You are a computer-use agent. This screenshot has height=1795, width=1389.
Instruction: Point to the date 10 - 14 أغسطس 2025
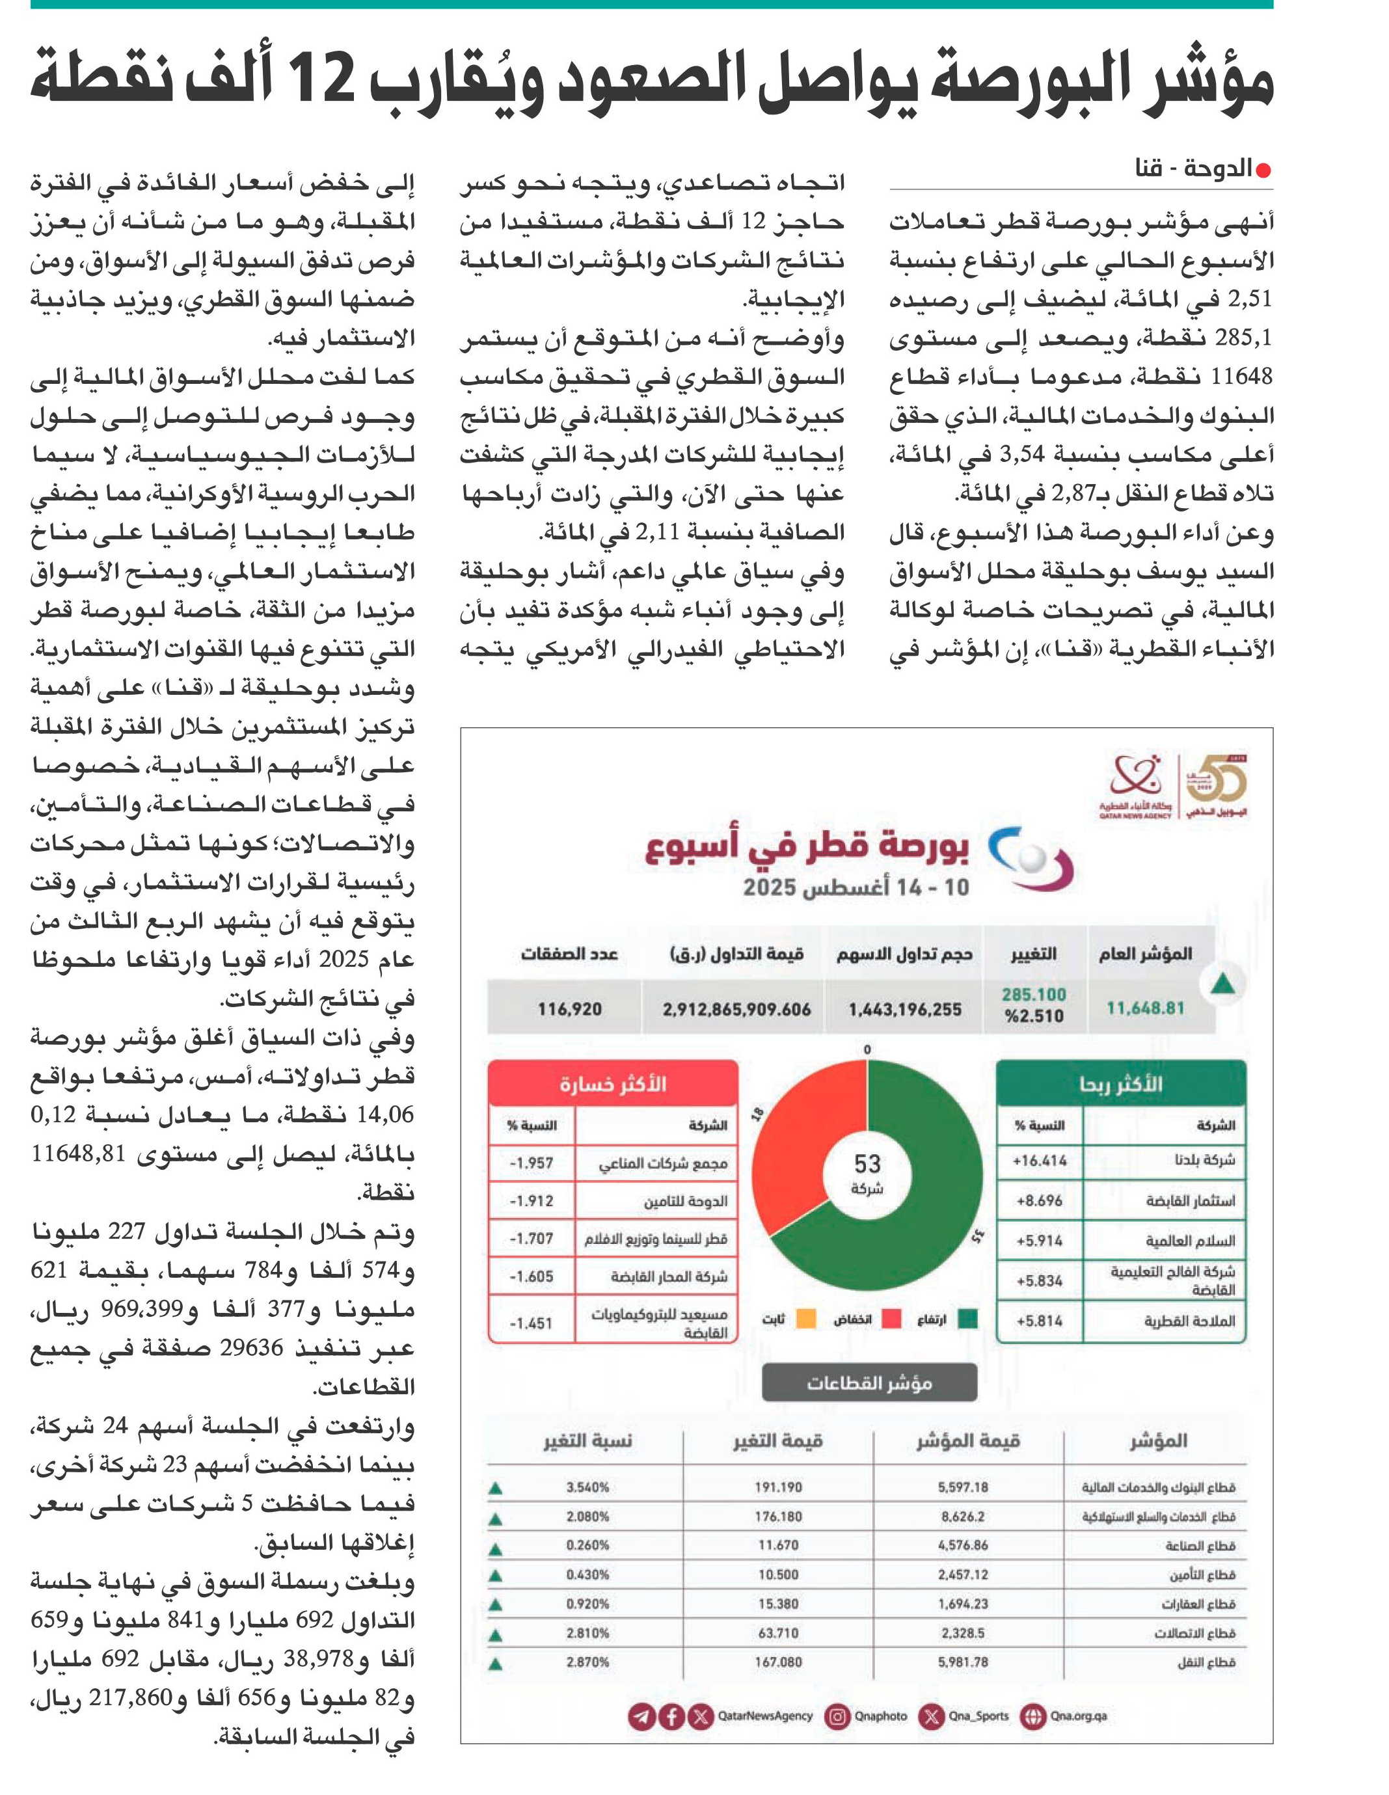(856, 887)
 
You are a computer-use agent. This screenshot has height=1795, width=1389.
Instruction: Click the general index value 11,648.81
(1145, 1008)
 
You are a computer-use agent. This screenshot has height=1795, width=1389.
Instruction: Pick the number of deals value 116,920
(569, 1008)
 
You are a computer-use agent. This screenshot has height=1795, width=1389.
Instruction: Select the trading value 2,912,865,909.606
(736, 1008)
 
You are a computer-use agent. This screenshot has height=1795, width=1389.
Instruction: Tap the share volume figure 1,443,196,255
(905, 1008)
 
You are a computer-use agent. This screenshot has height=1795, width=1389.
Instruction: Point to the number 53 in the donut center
(867, 1164)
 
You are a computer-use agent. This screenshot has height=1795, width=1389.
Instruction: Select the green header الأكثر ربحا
(1120, 1084)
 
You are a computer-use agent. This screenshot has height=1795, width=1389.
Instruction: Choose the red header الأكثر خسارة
(613, 1084)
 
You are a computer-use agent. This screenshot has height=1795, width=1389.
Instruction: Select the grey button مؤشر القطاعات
(870, 1383)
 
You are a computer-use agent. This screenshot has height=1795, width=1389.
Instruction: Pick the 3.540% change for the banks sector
(587, 1487)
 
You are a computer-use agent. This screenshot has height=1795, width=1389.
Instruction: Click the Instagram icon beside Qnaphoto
(837, 1716)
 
